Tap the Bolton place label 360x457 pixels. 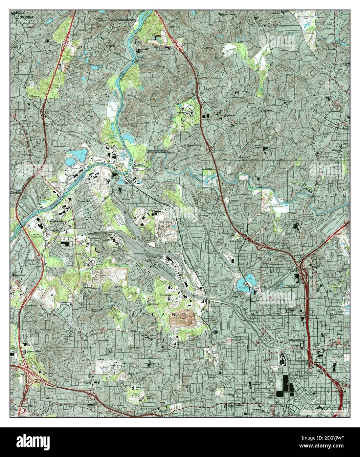coord(126,200)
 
